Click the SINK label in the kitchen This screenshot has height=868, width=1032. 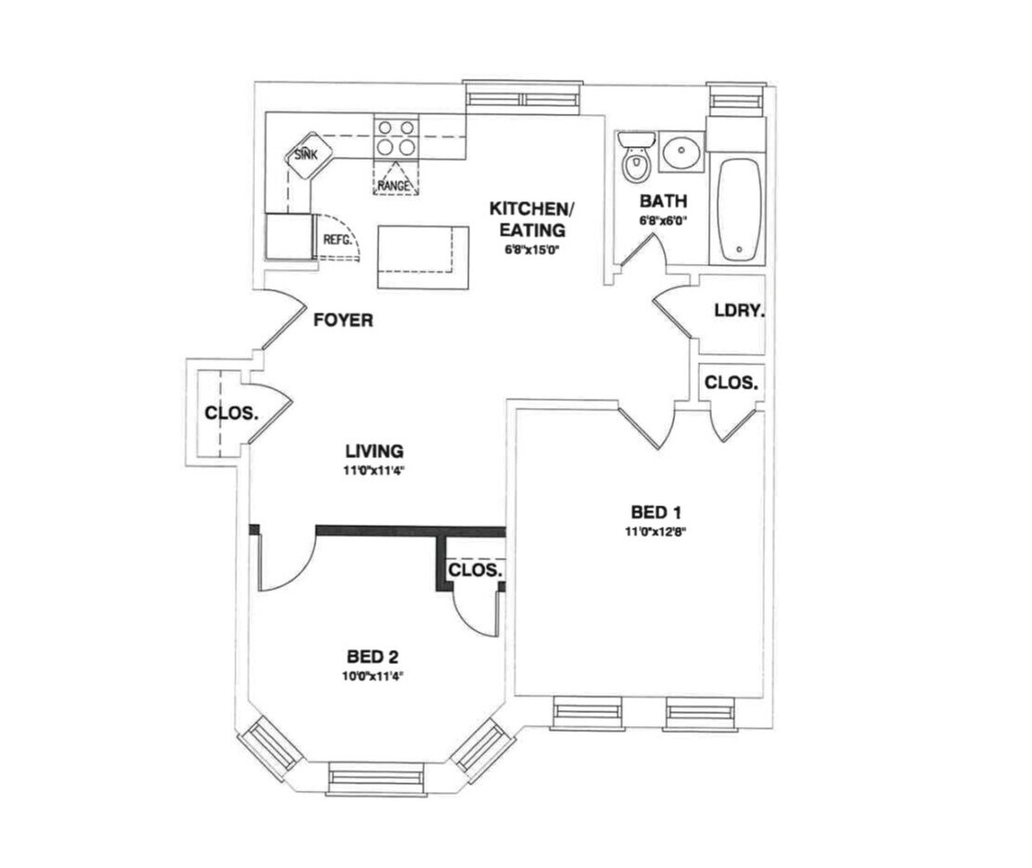pyautogui.click(x=305, y=155)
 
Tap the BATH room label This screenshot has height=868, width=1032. pyautogui.click(x=663, y=201)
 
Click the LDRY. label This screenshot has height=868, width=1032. pyautogui.click(x=738, y=312)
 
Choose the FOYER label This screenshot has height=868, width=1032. pyautogui.click(x=343, y=321)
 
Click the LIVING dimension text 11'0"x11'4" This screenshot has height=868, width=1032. pyautogui.click(x=375, y=470)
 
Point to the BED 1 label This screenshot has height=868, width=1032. pyautogui.click(x=661, y=512)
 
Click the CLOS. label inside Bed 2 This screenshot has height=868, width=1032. pyautogui.click(x=476, y=569)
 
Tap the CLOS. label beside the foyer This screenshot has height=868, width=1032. pyautogui.click(x=230, y=413)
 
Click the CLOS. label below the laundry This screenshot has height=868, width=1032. pyautogui.click(x=732, y=382)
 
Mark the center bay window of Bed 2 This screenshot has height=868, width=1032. pyautogui.click(x=376, y=778)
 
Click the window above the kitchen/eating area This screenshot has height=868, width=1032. pyautogui.click(x=523, y=97)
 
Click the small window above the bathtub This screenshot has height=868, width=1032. pyautogui.click(x=736, y=99)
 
